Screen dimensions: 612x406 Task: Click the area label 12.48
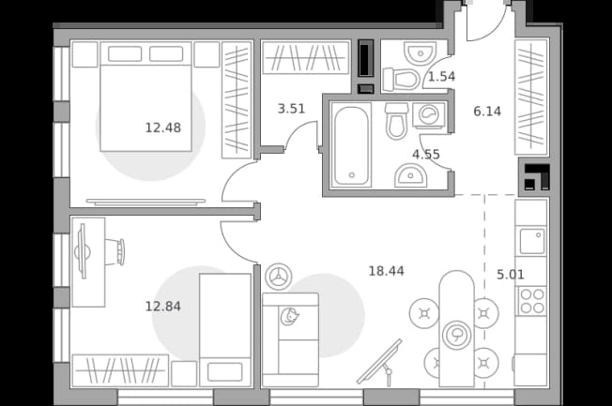(162, 128)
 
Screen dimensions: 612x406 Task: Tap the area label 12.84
(162, 307)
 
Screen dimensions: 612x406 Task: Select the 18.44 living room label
(387, 271)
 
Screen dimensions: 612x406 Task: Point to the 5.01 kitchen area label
(510, 275)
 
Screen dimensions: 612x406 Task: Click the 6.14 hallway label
(487, 112)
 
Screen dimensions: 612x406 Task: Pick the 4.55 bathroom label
(426, 155)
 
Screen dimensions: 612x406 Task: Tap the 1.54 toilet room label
(441, 77)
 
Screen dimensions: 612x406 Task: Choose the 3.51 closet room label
(291, 109)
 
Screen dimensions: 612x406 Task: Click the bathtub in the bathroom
(351, 144)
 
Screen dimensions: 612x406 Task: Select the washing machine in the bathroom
(429, 115)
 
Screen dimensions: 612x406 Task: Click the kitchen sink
(531, 241)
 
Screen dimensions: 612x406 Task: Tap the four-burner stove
(532, 301)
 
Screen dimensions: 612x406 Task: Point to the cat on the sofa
(289, 316)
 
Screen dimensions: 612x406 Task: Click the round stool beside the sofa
(279, 277)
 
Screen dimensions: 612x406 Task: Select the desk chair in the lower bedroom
(115, 251)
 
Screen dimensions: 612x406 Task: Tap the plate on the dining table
(456, 335)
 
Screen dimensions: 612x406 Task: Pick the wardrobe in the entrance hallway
(531, 97)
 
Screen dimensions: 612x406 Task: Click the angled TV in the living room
(380, 363)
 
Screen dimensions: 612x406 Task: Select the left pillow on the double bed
(125, 53)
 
